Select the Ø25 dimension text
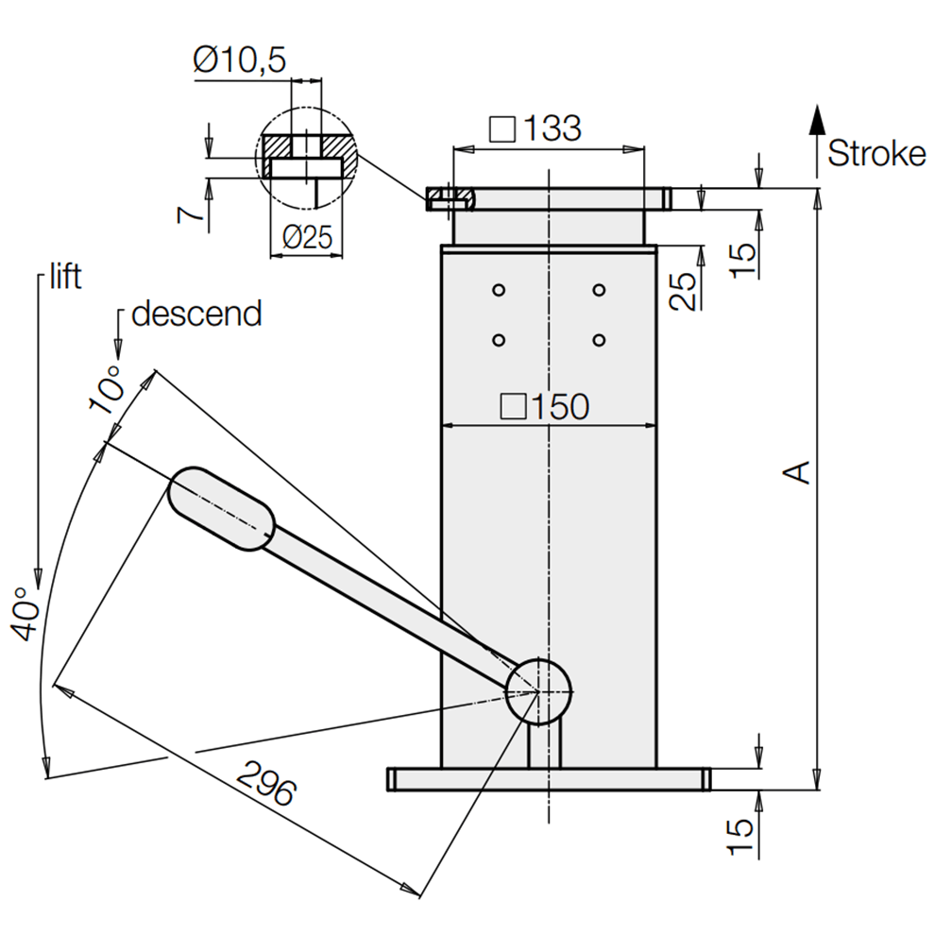pyautogui.click(x=307, y=238)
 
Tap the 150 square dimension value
pyautogui.click(x=545, y=406)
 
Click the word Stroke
pyautogui.click(x=876, y=154)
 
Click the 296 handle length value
pyautogui.click(x=265, y=779)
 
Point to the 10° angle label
pyautogui.click(x=106, y=391)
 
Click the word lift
pyautogui.click(x=63, y=277)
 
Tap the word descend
pyautogui.click(x=196, y=314)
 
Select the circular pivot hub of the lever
pyautogui.click(x=539, y=690)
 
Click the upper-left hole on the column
pyautogui.click(x=500, y=289)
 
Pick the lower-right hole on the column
pyautogui.click(x=598, y=339)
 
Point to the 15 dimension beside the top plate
pyautogui.click(x=742, y=252)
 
